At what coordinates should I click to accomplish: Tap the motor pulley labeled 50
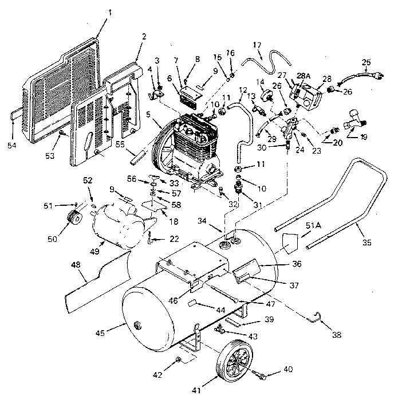tap(73, 220)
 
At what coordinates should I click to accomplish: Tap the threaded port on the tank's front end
tap(137, 326)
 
